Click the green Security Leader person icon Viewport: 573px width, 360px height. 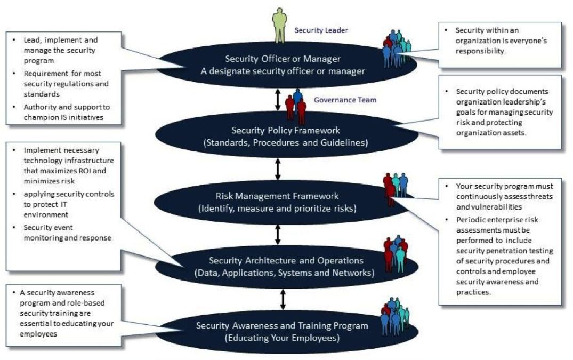coord(280,25)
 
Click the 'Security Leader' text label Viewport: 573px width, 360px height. coord(321,30)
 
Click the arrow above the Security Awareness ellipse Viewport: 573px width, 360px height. coord(283,299)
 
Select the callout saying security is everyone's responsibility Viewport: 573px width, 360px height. coord(500,44)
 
